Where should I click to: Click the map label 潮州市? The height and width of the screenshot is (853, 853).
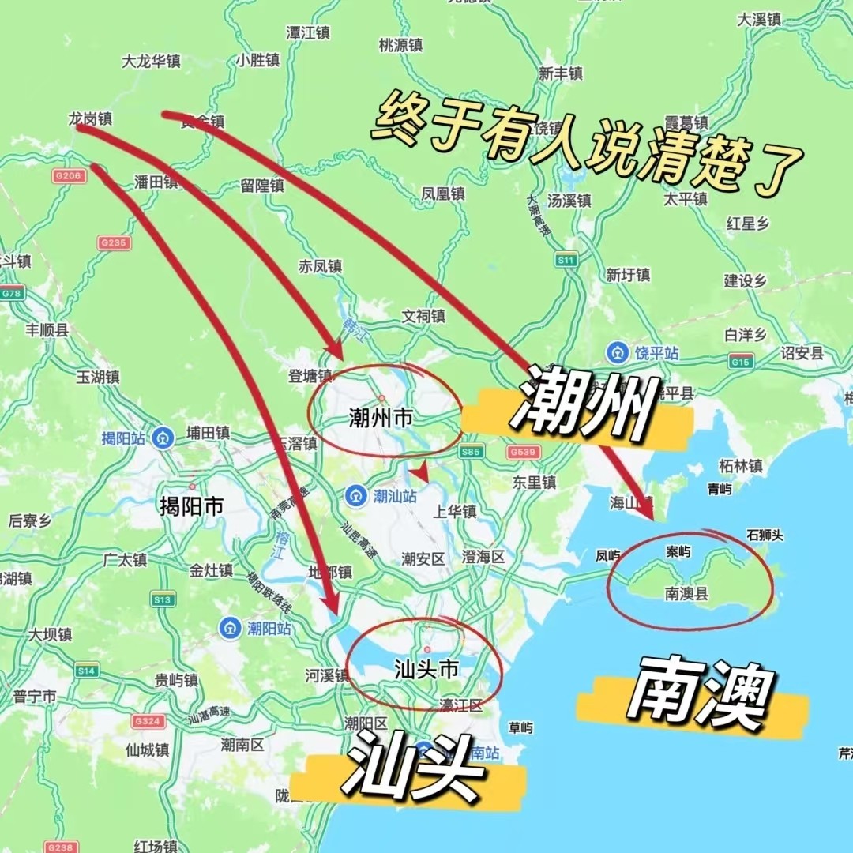pos(381,418)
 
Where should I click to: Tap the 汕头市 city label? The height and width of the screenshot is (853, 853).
pos(426,670)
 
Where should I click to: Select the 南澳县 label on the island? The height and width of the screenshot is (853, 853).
pos(686,594)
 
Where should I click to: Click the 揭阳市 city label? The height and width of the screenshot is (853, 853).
pos(191,506)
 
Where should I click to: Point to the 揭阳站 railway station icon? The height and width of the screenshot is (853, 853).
pos(164,438)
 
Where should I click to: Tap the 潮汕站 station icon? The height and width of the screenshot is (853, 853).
pos(355,495)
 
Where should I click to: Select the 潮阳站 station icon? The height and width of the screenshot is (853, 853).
pos(230,629)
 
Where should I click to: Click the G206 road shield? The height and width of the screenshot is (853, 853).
pos(69,176)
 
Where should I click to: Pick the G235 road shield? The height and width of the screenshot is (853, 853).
pos(114,243)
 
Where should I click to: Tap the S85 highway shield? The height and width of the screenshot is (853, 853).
pos(471,451)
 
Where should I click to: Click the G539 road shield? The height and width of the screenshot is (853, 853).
pos(523,451)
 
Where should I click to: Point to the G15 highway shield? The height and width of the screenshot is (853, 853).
pos(741,362)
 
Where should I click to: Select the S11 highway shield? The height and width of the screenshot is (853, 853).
pos(566,260)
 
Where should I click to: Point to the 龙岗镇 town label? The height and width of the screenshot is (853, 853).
pos(90,119)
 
